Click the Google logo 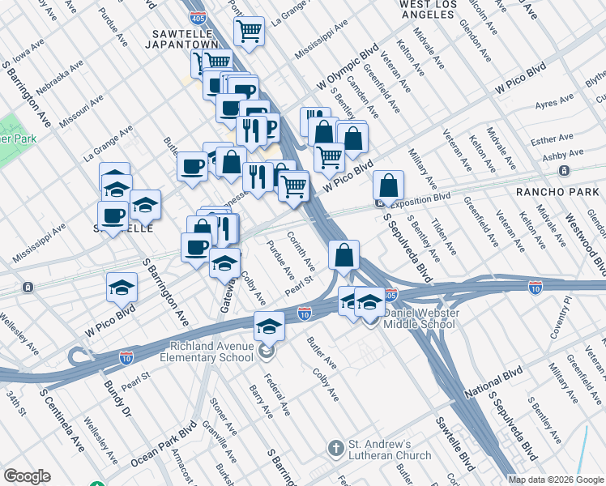point(27,476)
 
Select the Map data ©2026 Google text point(556,479)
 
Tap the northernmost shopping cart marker point(250,32)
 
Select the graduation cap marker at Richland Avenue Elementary point(269,326)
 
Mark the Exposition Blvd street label point(420,197)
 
